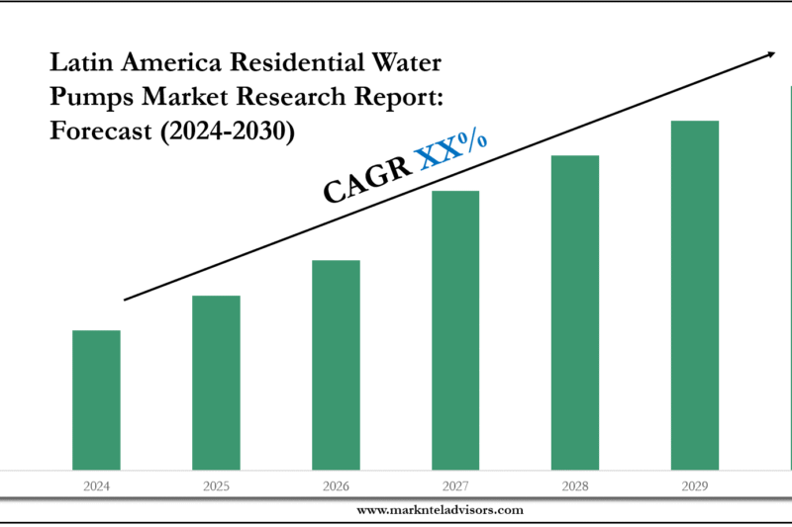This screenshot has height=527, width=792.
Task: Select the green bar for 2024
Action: coord(96,399)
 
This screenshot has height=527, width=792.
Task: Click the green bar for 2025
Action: coord(216,383)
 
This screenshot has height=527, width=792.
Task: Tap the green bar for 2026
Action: coord(336,365)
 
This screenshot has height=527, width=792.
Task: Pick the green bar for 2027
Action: coord(455,330)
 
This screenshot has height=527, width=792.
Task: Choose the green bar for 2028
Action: coord(575,312)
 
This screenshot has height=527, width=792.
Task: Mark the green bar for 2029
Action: coord(695,295)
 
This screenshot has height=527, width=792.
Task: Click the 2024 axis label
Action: coord(96,486)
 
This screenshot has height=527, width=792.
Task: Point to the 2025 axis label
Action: coord(216,486)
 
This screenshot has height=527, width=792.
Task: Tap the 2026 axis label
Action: coord(336,486)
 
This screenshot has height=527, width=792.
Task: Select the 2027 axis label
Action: coord(455,486)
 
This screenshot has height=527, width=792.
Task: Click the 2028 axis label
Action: coord(575,486)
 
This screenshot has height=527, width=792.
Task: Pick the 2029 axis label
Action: coord(695,486)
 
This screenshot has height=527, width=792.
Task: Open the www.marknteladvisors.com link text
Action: coord(440,510)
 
